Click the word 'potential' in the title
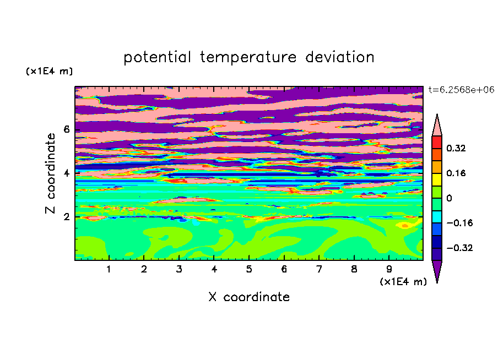[157, 58]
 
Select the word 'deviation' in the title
[340, 57]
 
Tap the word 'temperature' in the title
[248, 58]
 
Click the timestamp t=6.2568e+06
[461, 90]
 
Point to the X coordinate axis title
[249, 297]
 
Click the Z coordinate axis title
[50, 173]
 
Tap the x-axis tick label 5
[249, 269]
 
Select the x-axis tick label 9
[389, 269]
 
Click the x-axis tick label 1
[109, 269]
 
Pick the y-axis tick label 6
[66, 129]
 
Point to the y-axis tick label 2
[66, 217]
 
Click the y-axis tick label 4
[66, 173]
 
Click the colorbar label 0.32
[456, 148]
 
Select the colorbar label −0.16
[459, 223]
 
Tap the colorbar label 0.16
[456, 173]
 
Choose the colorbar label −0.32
[459, 248]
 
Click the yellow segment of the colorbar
[437, 179]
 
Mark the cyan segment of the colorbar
[437, 217]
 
